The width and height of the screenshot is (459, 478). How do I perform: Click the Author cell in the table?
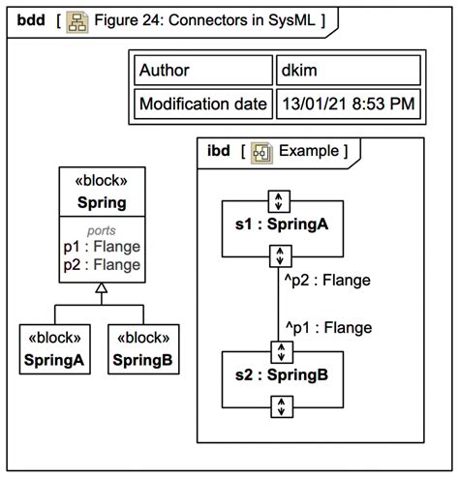[201, 70]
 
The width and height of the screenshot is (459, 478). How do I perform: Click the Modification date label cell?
[201, 104]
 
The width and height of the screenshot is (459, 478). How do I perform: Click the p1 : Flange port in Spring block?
[102, 247]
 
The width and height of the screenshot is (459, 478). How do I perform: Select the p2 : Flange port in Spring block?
[102, 264]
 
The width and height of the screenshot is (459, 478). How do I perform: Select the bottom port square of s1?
[279, 256]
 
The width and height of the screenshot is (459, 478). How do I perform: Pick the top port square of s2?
[279, 349]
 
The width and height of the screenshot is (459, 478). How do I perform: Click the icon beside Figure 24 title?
[77, 20]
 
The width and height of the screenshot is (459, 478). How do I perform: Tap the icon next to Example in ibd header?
[260, 152]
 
